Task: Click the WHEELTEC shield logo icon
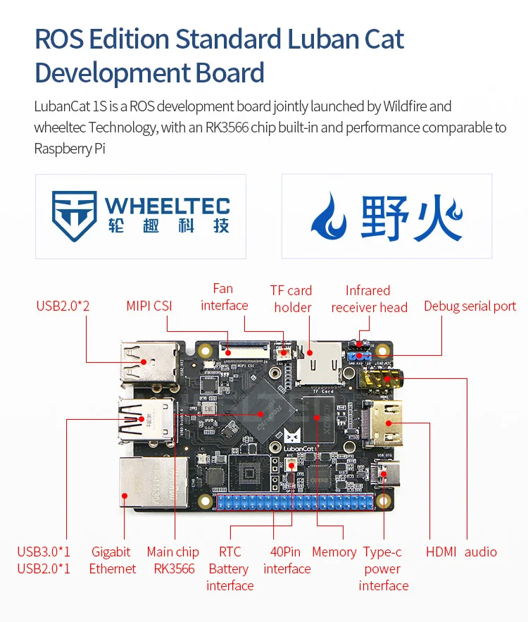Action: click(x=73, y=216)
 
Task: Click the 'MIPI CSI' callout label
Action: click(x=149, y=306)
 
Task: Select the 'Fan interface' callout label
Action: click(x=223, y=297)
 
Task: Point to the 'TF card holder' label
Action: click(x=291, y=299)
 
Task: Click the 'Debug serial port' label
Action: click(x=470, y=306)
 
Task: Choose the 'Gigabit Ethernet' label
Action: click(x=112, y=560)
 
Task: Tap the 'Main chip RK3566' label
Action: click(x=173, y=560)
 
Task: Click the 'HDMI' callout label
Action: click(x=441, y=552)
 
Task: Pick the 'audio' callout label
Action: click(x=481, y=552)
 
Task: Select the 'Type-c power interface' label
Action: click(x=383, y=568)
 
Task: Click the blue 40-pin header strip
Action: click(x=296, y=502)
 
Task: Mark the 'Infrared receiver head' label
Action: click(x=369, y=299)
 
